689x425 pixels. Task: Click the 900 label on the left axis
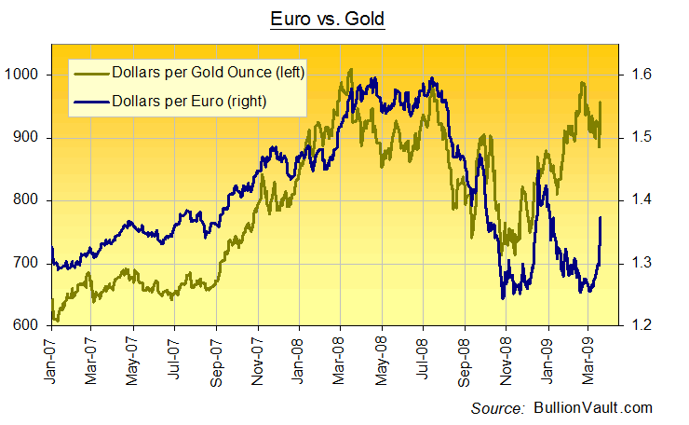click(29, 138)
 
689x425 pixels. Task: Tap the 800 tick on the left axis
click(29, 200)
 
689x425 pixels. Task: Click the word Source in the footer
click(499, 408)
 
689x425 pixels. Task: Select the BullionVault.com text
click(593, 408)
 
